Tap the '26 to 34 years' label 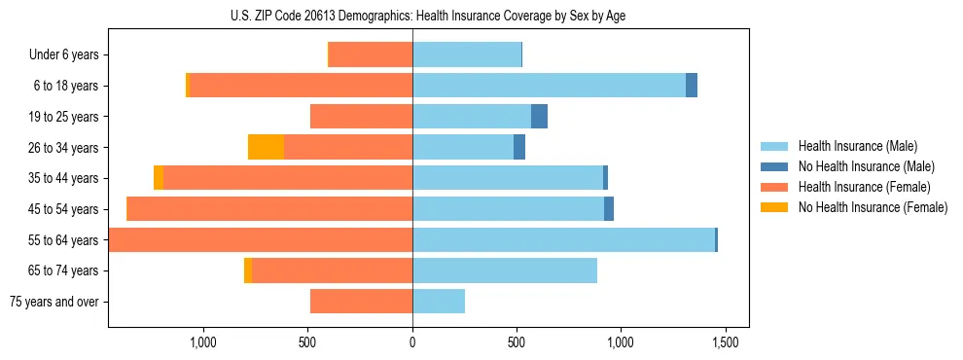pos(64,148)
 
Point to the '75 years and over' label pos(56,302)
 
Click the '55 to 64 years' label pos(64,240)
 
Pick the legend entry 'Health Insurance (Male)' pos(857,146)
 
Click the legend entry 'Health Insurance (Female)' pos(864,187)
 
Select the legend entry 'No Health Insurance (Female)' pos(873,207)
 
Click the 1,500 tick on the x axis pos(725,343)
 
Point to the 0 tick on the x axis pos(412,343)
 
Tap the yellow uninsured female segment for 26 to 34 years pos(266,147)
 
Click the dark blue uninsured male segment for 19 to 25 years pos(539,117)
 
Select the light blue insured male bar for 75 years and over pos(439,302)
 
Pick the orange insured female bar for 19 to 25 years pos(361,117)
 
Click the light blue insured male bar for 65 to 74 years pos(505,270)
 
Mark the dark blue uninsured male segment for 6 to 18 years pos(692,86)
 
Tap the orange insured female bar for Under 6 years pos(371,55)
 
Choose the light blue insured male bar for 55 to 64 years pos(563,240)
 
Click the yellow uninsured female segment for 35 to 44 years pos(159,178)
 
